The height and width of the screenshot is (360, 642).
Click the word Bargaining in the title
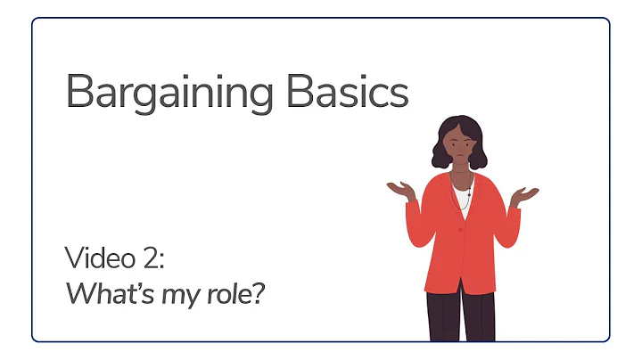(x=166, y=93)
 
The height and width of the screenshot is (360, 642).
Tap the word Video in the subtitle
(x=101, y=260)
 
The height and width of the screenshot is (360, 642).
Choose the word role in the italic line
(x=227, y=293)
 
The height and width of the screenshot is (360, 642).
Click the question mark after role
(x=259, y=293)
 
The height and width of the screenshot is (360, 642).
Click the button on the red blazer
(x=461, y=230)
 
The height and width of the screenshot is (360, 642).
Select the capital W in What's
(x=79, y=293)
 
